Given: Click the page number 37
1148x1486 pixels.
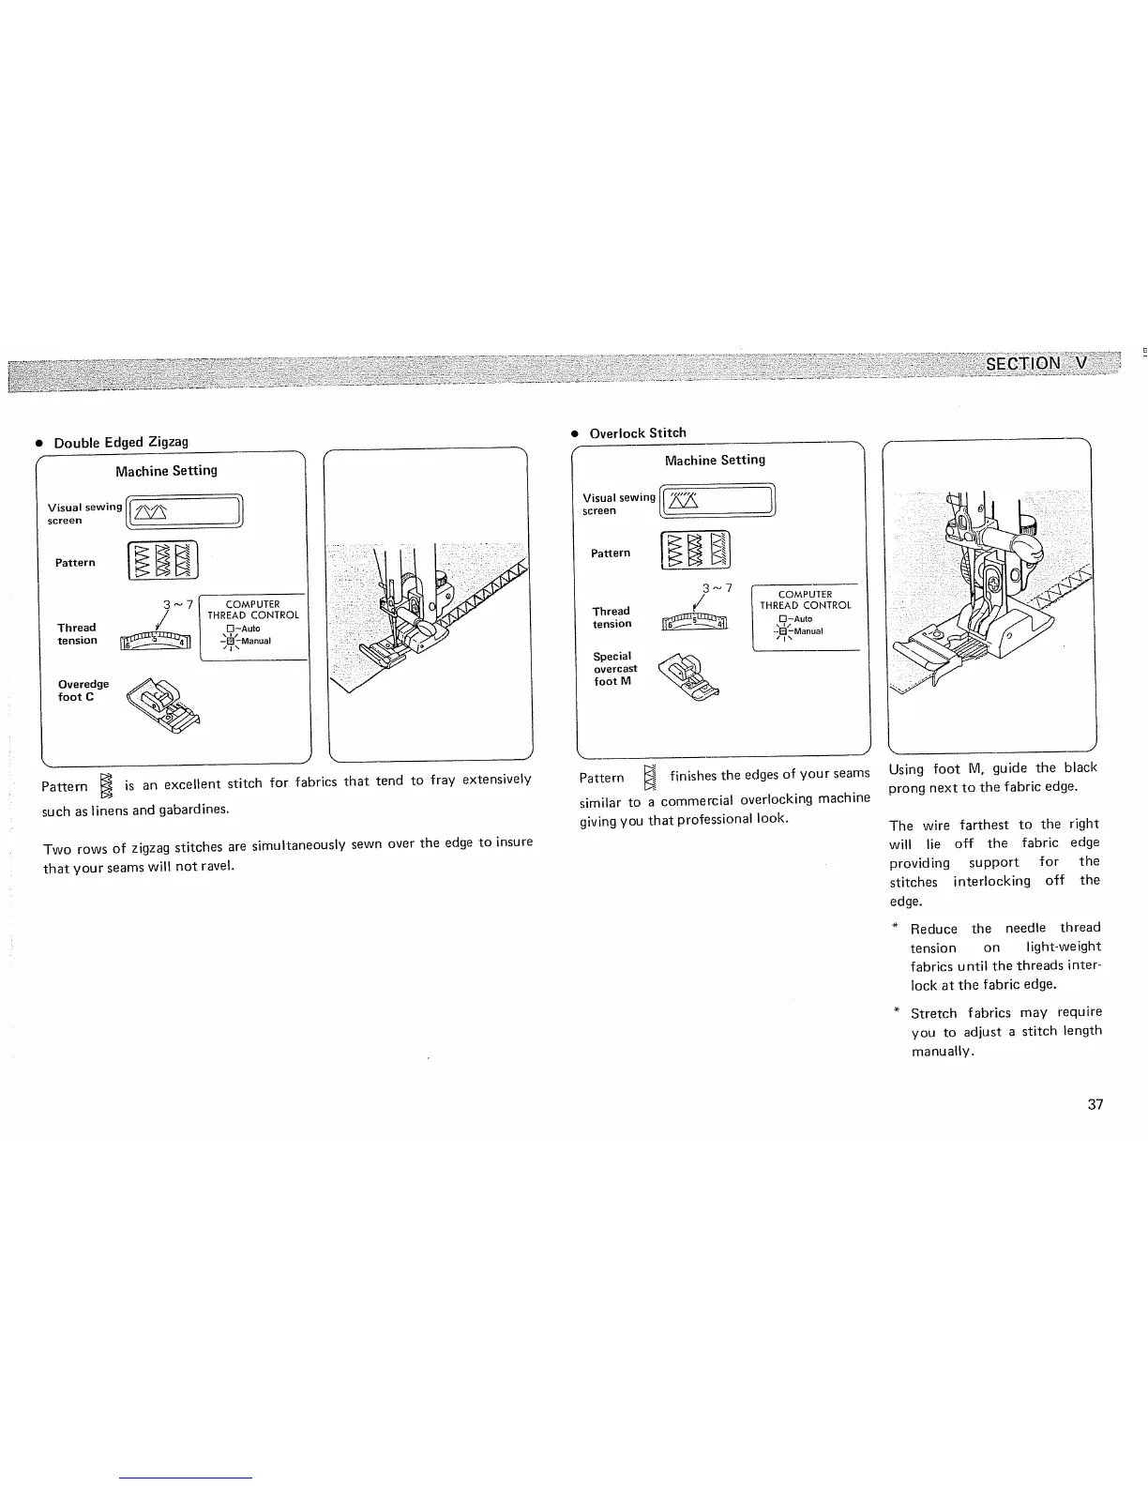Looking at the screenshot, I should point(1095,1104).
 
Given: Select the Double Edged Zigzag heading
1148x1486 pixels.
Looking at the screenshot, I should point(121,442).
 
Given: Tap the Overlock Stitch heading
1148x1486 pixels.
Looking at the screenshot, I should point(638,432).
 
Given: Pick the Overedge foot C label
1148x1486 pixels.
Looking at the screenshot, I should point(83,690).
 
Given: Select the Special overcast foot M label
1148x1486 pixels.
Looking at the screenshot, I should point(614,669).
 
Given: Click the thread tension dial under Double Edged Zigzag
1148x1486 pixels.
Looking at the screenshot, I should point(156,642).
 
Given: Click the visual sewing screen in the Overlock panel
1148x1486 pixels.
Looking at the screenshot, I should point(719,502).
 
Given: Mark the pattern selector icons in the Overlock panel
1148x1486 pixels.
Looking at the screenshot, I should point(696,551).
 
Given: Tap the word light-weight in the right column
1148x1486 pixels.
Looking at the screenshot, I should point(1064,948).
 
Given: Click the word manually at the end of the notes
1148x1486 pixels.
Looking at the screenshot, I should point(943,1052).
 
